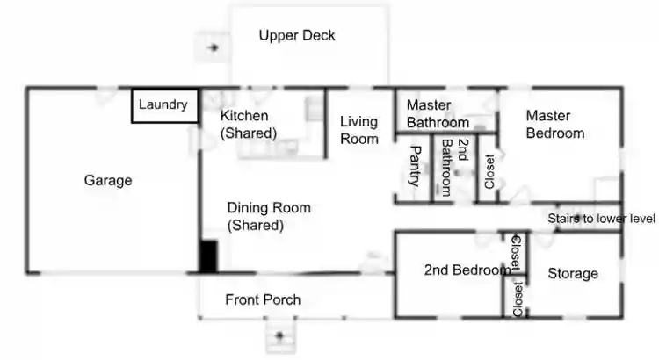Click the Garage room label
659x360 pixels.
pos(108,181)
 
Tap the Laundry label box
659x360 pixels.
pos(163,105)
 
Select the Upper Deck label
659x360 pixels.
pos(297,36)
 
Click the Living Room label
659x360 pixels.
pos(359,131)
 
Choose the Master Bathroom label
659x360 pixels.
pos(438,114)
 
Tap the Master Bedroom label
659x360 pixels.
pos(554,125)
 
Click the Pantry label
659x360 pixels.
pos(416,166)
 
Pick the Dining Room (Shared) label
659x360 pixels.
pos(268,216)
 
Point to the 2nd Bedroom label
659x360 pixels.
pos(466,270)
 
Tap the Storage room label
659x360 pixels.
pos(573,274)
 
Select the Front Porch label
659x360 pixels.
pos(263,300)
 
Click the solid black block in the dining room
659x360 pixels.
pos(208,256)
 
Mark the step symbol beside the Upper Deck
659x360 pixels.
pos(212,47)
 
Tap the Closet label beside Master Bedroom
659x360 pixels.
pos(489,172)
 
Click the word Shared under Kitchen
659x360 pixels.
pos(249,133)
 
